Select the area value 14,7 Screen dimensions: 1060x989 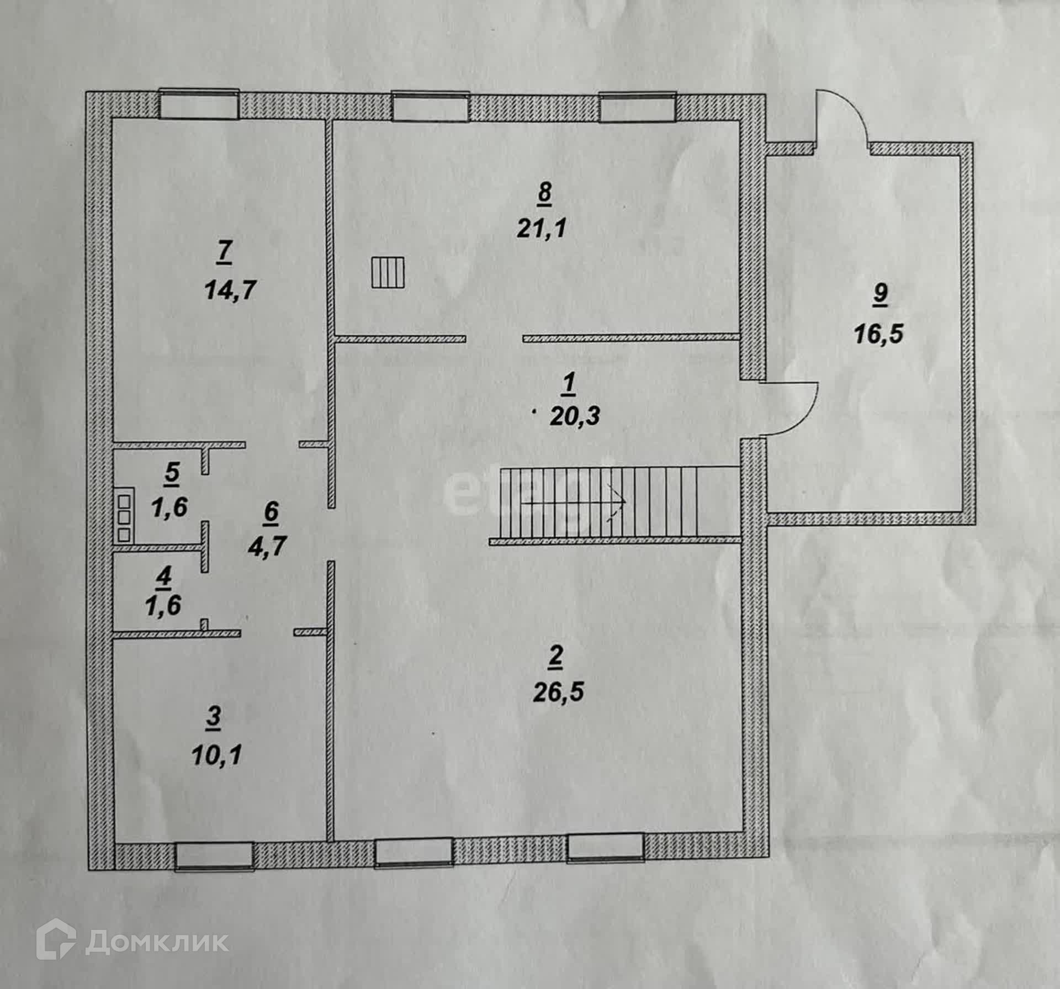(x=230, y=289)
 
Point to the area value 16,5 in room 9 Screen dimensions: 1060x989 (x=879, y=335)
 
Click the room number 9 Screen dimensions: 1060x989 (x=880, y=295)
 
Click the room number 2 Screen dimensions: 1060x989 (x=556, y=657)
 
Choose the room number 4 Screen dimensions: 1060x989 (x=164, y=578)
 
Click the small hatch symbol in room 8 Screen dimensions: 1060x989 (x=389, y=273)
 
